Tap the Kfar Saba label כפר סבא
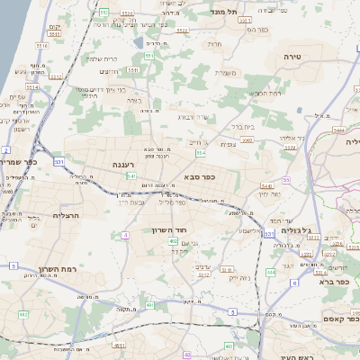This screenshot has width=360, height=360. (208, 177)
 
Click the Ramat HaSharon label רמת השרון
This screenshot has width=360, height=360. (62, 268)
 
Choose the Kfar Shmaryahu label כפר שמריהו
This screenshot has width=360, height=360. (20, 162)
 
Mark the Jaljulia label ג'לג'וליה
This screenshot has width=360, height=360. (296, 230)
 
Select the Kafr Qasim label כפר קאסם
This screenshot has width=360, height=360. (340, 319)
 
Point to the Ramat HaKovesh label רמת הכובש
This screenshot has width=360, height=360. (265, 93)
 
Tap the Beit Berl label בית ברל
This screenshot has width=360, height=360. (242, 128)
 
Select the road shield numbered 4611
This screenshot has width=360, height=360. (119, 345)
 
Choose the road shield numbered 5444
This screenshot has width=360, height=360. (338, 130)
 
